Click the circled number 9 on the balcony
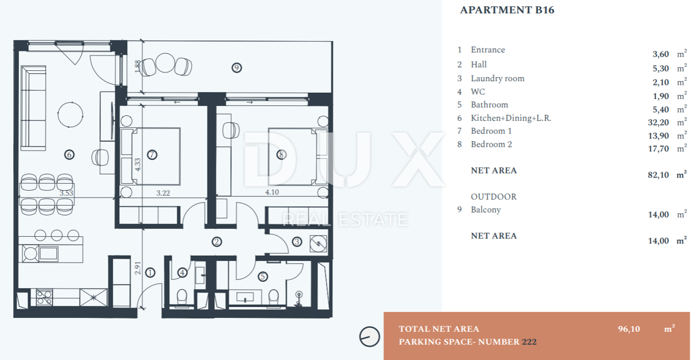click(x=237, y=67)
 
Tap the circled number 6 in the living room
click(x=69, y=154)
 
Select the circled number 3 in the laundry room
click(x=297, y=241)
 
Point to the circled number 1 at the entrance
click(x=150, y=272)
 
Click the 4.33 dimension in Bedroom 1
click(x=138, y=164)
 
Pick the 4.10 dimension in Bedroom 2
click(x=272, y=192)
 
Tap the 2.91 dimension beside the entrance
click(x=138, y=268)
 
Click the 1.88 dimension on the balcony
click(x=138, y=66)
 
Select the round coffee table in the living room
click(x=70, y=114)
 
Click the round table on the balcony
click(x=165, y=63)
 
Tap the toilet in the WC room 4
click(x=182, y=297)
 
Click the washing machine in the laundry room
click(x=318, y=244)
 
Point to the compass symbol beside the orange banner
click(x=369, y=336)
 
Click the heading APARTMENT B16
click(x=507, y=10)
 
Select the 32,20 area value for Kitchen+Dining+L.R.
click(x=658, y=123)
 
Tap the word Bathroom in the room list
click(x=489, y=105)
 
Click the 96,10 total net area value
click(x=629, y=329)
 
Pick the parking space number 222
click(x=529, y=342)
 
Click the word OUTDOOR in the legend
click(x=493, y=196)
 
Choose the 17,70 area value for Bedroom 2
click(x=658, y=149)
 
